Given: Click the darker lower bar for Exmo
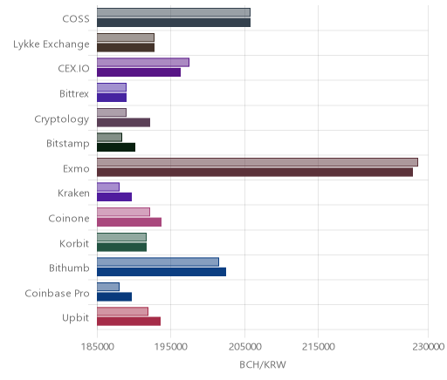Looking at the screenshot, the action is click(x=255, y=173).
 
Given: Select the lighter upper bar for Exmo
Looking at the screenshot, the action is click(x=258, y=162).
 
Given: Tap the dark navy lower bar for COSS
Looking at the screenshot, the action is click(x=174, y=23).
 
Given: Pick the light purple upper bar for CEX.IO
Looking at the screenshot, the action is click(x=143, y=63).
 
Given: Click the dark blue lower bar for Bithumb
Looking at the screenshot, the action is click(x=162, y=272).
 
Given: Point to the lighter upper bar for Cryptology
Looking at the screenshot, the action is click(x=112, y=112).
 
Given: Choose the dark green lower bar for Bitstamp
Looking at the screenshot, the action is click(x=116, y=147).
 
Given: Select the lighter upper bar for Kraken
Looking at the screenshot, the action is click(x=108, y=187).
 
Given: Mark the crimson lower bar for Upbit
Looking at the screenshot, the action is click(x=129, y=322).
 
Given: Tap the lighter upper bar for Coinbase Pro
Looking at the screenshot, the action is click(x=108, y=287).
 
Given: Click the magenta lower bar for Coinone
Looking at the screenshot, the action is click(x=129, y=222).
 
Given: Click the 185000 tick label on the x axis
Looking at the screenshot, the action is click(x=97, y=347).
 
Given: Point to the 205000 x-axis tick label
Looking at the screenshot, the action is click(x=244, y=347).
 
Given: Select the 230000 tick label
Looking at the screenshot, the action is click(x=428, y=347).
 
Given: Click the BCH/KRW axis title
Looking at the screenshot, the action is click(x=263, y=364).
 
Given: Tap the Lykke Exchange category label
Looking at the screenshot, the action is click(x=52, y=44).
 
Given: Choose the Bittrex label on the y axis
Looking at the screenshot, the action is click(x=74, y=94).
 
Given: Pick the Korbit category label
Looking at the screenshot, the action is click(x=74, y=243).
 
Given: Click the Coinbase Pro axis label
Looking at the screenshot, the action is click(x=57, y=294).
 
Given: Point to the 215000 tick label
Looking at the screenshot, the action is click(x=318, y=347).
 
